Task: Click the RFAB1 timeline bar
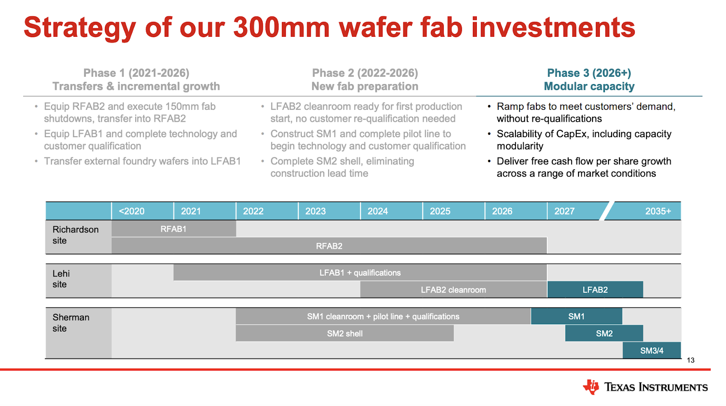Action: coord(174,228)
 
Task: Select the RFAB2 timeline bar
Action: coord(329,246)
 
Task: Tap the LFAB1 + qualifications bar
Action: coord(360,272)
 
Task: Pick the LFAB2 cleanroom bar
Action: coord(453,290)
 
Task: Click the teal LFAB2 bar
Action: coord(595,290)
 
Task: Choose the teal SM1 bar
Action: coord(577,316)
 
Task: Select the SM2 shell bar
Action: coord(344,333)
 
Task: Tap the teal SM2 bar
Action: coord(604,333)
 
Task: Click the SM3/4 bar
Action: coord(652,351)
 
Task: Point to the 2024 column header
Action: coord(378,211)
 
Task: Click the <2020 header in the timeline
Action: coord(132,211)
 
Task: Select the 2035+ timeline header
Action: coord(658,211)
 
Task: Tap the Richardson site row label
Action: coord(75,235)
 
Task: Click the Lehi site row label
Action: coord(61,279)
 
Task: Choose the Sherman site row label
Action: coord(71,322)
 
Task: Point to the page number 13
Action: coord(690,360)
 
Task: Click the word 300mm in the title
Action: coord(281,27)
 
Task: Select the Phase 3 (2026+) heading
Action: coord(589,73)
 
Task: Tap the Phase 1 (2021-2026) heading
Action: coord(136,73)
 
